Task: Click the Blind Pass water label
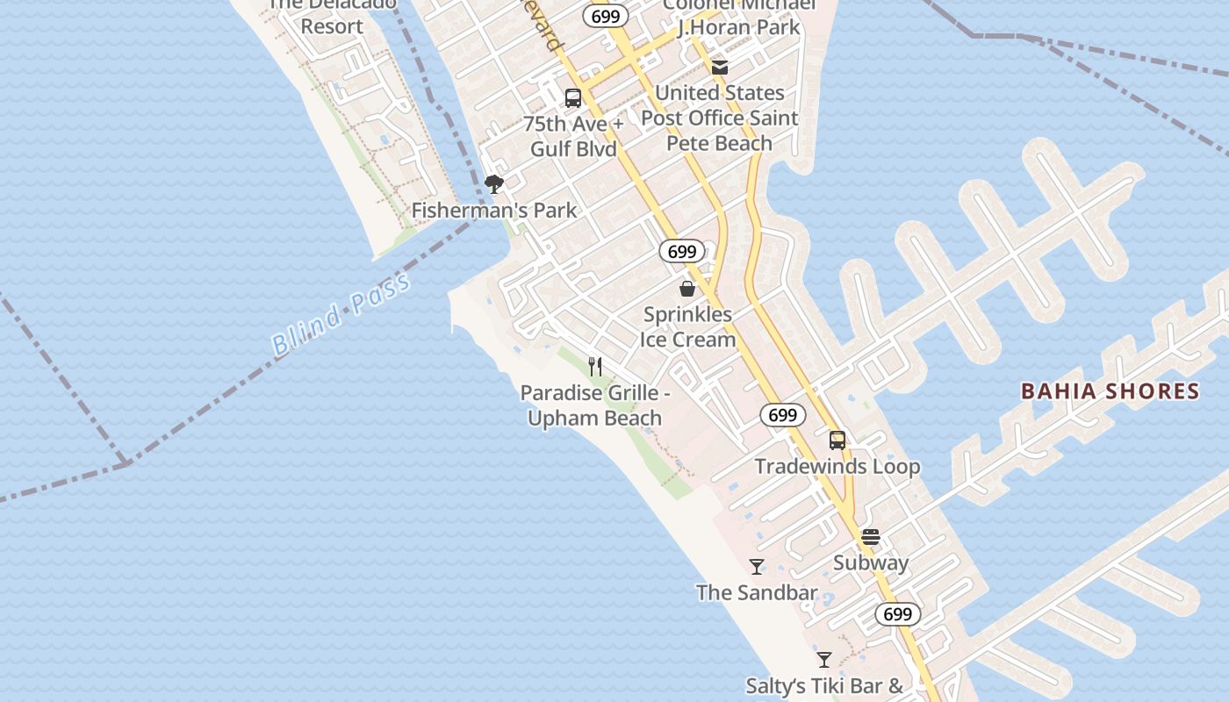341,315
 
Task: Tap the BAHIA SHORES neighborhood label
1110,391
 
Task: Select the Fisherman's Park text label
494,211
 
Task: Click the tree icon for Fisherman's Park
494,184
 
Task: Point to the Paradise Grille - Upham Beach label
595,405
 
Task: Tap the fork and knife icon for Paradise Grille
595,366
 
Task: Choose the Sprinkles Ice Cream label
687,326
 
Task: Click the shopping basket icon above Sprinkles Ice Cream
687,288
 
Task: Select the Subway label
870,563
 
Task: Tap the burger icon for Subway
870,537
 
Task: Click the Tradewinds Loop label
837,467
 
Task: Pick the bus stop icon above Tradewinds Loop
837,441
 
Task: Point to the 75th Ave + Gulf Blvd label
573,136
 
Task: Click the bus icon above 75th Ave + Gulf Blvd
573,98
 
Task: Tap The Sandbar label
757,593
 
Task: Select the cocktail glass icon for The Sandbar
757,567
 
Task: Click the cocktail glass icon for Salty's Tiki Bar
823,660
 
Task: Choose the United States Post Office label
720,118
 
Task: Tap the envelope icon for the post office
720,67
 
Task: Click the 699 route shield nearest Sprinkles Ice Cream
682,252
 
